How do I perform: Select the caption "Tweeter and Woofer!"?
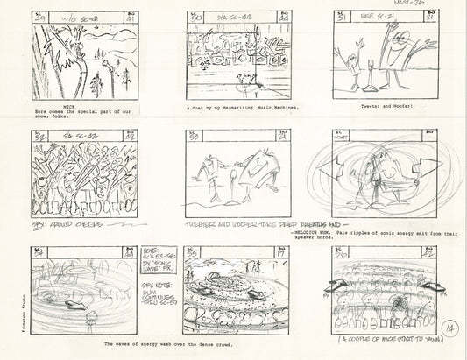(x=382, y=105)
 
